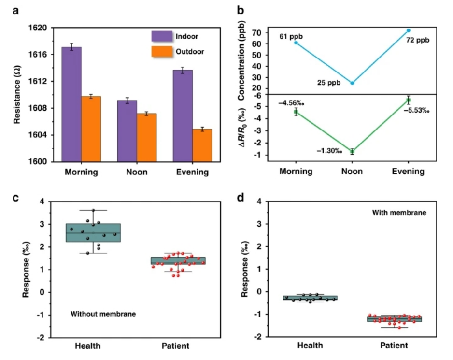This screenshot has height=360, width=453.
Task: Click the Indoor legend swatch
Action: point(159,36)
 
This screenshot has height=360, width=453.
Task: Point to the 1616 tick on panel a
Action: point(40,55)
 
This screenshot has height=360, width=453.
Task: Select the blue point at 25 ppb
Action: point(352,83)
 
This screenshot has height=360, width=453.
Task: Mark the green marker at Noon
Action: point(352,151)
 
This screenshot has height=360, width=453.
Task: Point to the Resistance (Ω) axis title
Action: point(17,95)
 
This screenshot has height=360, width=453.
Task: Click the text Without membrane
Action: point(103,314)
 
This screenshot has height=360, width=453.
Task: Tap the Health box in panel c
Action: point(93,232)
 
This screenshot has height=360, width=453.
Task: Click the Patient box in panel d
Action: point(400,319)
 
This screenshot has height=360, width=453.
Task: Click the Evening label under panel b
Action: point(408,172)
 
